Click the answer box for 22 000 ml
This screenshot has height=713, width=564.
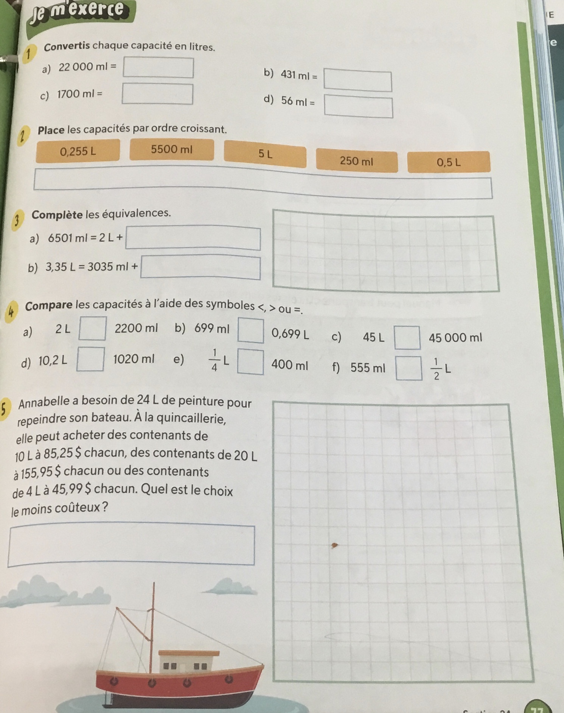[158, 68]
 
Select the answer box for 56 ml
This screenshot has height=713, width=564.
[359, 107]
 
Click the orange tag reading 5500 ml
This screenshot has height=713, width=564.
[172, 150]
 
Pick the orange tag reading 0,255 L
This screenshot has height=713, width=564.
[78, 151]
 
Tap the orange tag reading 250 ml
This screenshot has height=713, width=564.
[356, 162]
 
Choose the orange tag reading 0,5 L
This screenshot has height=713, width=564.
[449, 162]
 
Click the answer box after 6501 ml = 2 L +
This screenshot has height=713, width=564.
[193, 238]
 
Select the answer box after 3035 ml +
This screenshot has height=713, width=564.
[200, 268]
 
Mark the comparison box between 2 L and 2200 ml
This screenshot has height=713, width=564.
[92, 328]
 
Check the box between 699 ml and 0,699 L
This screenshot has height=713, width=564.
[250, 331]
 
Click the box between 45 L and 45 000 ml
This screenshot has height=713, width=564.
[407, 337]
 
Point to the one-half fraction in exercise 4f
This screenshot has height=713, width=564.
[437, 369]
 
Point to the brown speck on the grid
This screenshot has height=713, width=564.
[334, 545]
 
